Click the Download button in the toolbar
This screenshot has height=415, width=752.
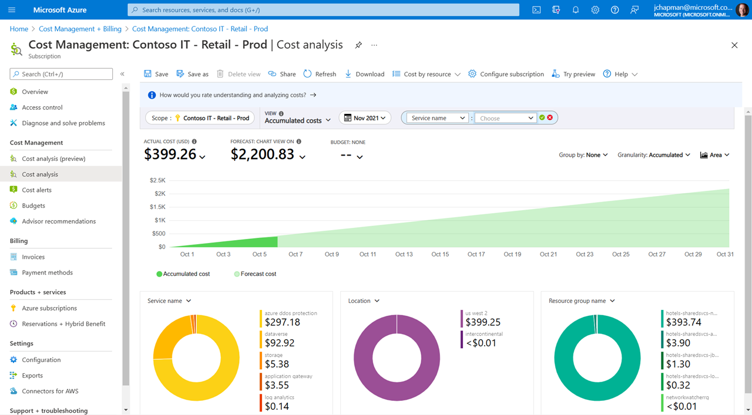click(364, 74)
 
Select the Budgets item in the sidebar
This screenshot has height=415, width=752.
click(33, 205)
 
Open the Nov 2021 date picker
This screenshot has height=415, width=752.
click(365, 118)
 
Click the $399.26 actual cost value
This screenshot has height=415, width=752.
click(171, 154)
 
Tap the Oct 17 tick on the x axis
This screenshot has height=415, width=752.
click(476, 254)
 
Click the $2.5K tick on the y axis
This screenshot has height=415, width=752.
click(157, 180)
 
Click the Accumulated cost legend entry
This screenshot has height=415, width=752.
click(186, 274)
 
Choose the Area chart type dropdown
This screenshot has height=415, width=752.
click(715, 155)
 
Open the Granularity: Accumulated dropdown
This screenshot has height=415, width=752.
click(653, 155)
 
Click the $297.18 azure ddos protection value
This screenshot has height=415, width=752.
click(282, 322)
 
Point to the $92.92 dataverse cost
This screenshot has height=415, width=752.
click(280, 343)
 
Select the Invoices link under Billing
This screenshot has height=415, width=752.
click(33, 257)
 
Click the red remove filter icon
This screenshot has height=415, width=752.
click(550, 118)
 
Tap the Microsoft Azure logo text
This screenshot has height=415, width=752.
click(60, 10)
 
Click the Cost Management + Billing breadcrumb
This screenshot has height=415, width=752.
click(80, 29)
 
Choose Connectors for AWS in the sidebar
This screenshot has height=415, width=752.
click(50, 391)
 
